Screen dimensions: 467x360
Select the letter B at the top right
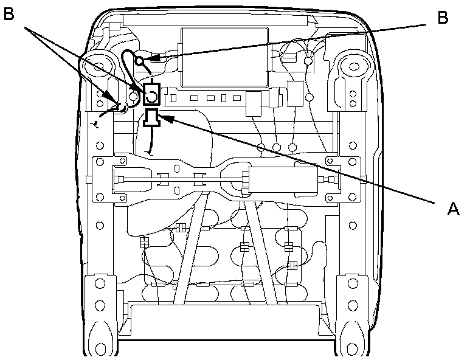click(443, 18)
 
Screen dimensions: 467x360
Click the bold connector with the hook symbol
click(151, 93)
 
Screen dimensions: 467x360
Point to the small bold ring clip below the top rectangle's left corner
click(139, 60)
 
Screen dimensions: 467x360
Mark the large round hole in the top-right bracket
click(352, 63)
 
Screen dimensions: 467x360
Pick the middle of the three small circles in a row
click(277, 147)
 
